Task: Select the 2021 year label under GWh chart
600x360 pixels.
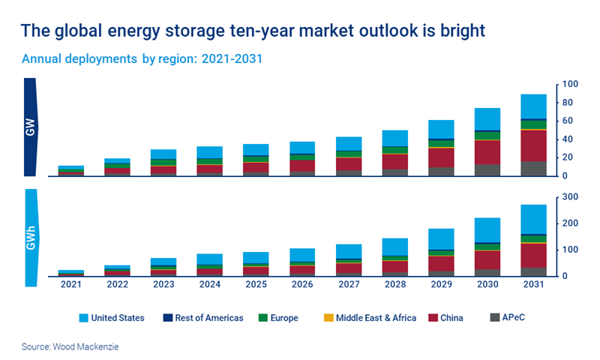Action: (x=70, y=284)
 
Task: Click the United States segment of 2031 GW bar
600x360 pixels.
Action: (x=534, y=106)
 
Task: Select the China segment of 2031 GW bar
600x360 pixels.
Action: (x=534, y=145)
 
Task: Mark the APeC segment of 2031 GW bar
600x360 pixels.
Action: (x=534, y=169)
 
